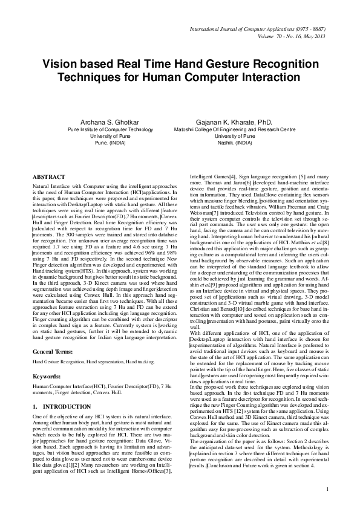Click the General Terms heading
click(x=53, y=334)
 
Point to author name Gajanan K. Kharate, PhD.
click(x=226, y=122)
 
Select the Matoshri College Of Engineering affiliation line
click(x=226, y=129)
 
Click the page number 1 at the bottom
click(x=327, y=488)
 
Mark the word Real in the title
click(x=125, y=64)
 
